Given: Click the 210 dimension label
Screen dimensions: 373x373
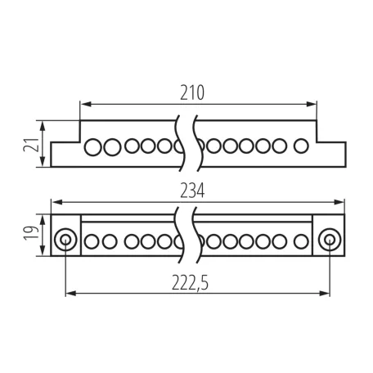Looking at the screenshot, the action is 192,93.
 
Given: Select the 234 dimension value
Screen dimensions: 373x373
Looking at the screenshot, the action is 192,191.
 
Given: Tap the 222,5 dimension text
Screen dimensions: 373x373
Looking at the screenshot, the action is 190,283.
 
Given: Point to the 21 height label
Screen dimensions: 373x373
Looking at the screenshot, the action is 30,145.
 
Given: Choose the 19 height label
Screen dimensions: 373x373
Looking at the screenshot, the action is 31,232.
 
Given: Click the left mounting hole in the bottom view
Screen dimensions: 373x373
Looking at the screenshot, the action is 65,240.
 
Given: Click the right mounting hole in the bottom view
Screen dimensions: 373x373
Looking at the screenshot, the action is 330,240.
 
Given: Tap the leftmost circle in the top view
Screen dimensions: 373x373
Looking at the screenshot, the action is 93,147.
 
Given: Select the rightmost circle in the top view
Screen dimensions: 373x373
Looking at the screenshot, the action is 301,146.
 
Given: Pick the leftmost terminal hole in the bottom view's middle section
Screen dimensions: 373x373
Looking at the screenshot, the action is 92,241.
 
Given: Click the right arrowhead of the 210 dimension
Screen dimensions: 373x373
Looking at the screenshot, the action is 311,104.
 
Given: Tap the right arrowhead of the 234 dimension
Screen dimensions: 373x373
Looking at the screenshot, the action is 339,202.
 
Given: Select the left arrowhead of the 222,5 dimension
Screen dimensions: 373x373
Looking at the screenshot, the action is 71,294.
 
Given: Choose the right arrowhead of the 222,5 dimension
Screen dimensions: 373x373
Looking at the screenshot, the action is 324,294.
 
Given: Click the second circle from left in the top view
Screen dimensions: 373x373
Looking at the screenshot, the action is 112,147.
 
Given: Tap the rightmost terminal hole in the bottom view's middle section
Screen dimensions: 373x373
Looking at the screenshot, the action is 301,241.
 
